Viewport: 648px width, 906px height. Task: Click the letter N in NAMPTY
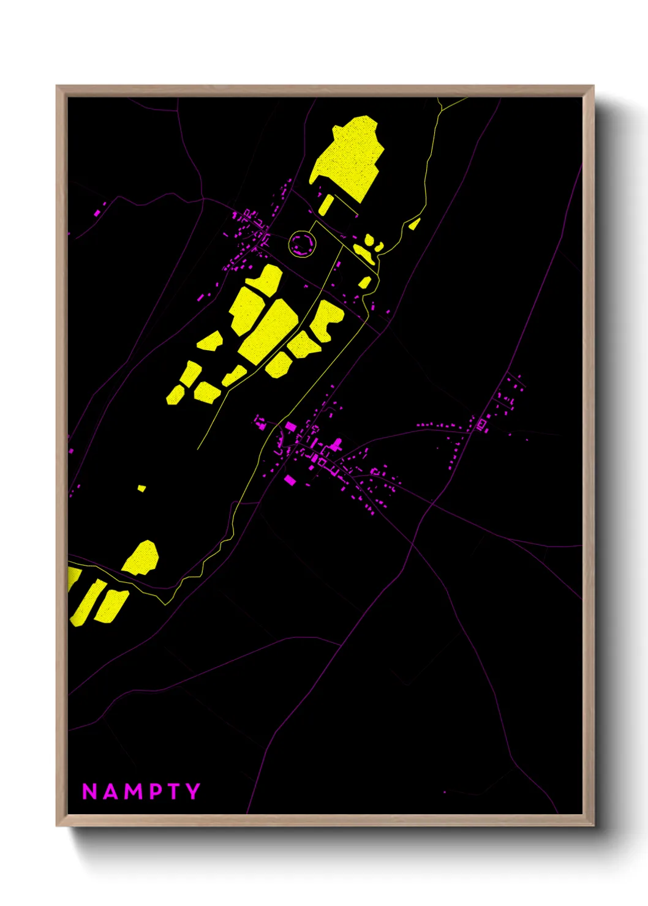[x=89, y=792]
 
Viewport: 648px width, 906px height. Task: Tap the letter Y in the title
[x=194, y=792]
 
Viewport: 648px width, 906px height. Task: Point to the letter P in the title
[x=155, y=792]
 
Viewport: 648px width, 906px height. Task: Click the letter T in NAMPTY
[x=174, y=792]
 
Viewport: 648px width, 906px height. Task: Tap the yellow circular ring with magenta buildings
[x=301, y=244]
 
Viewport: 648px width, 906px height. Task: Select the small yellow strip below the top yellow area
[x=326, y=204]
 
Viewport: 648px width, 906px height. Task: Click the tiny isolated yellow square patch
[x=141, y=488]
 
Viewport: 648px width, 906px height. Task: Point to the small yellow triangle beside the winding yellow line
[x=415, y=223]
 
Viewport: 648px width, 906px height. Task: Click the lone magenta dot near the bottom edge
[x=445, y=792]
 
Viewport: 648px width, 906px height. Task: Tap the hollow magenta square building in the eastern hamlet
[x=482, y=424]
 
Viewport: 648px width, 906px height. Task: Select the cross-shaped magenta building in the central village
[x=335, y=444]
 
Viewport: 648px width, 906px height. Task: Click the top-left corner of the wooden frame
[x=57, y=86]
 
